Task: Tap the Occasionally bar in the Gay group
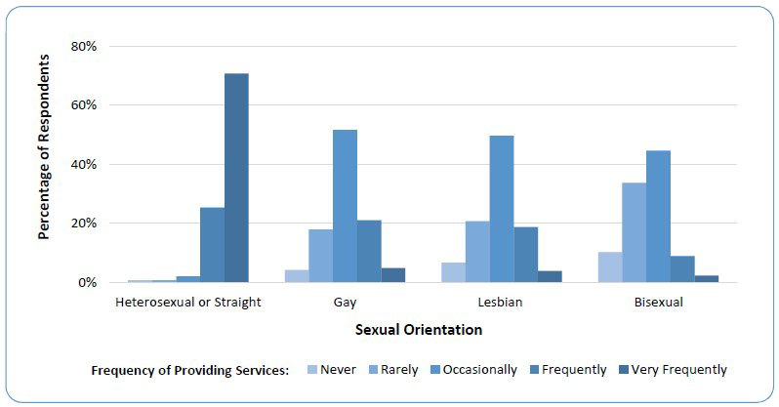tap(345, 206)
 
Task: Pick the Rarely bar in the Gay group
tap(321, 256)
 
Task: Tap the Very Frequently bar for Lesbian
tap(550, 276)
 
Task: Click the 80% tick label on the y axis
tap(83, 46)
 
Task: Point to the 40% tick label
tap(83, 164)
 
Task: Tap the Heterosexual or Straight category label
tap(188, 302)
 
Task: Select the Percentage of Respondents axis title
tap(44, 163)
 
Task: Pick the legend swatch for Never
tap(312, 370)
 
